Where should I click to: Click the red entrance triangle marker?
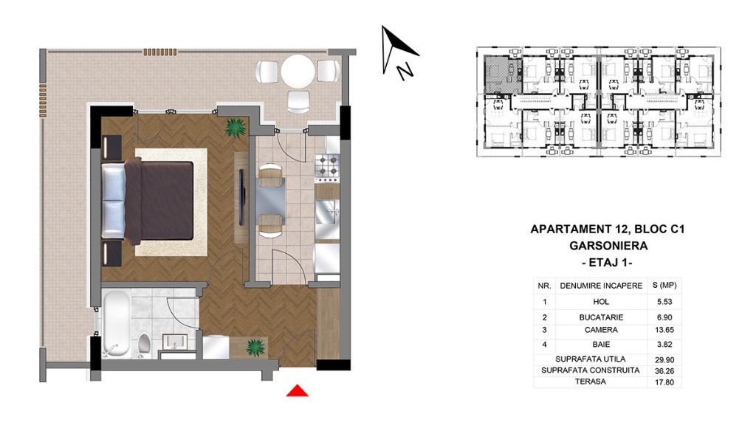click(x=297, y=391)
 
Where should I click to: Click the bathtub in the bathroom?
click(x=116, y=324)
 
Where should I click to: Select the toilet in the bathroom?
click(x=144, y=344)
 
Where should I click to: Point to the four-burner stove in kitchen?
click(x=327, y=165)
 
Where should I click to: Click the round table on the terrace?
click(x=298, y=71)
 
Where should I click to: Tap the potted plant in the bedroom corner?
click(x=236, y=128)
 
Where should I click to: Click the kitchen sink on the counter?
click(x=328, y=212)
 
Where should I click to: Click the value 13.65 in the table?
click(x=664, y=330)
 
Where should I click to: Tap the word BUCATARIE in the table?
click(x=601, y=317)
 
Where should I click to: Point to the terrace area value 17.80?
click(x=664, y=382)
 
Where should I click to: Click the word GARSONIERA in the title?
click(x=608, y=246)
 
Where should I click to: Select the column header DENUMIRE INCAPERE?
click(x=601, y=286)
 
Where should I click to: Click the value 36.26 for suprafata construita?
click(x=664, y=371)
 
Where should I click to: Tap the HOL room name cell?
click(x=601, y=302)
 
